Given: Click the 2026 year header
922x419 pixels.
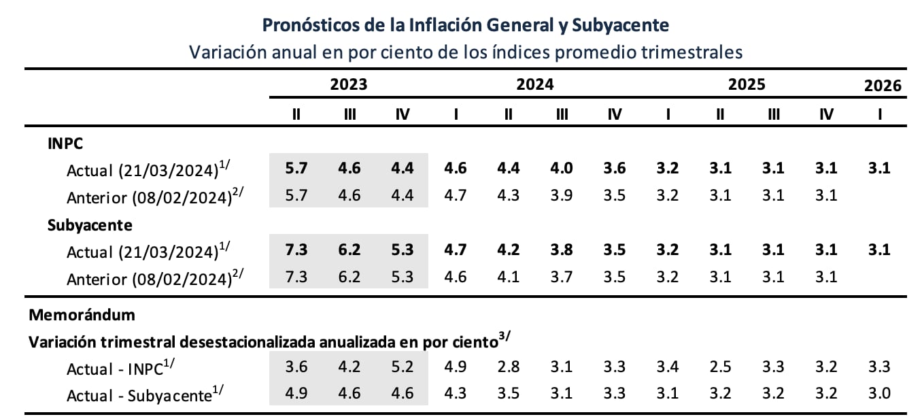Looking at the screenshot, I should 883,85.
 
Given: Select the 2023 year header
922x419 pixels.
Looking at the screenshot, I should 348,84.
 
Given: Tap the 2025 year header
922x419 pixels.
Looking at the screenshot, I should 747,84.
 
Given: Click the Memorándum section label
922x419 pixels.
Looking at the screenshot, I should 82,315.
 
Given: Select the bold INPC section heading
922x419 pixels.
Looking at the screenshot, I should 65,144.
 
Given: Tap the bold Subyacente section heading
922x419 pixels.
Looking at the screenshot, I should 90,224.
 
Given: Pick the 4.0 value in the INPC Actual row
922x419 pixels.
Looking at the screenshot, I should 562,169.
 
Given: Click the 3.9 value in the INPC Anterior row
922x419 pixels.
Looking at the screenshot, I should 562,196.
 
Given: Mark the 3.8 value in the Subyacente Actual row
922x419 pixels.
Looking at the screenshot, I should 562,250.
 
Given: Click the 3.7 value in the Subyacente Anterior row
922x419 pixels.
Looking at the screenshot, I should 562,277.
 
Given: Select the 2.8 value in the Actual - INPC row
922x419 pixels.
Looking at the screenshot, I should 509,367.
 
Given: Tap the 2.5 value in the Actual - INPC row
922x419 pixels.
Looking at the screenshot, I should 720,367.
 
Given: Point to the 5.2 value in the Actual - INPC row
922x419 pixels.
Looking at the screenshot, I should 403,367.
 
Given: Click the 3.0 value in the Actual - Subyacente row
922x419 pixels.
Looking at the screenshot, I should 880,393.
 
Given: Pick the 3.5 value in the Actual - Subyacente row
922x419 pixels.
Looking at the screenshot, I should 509,393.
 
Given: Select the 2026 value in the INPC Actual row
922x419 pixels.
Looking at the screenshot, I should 880,169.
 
